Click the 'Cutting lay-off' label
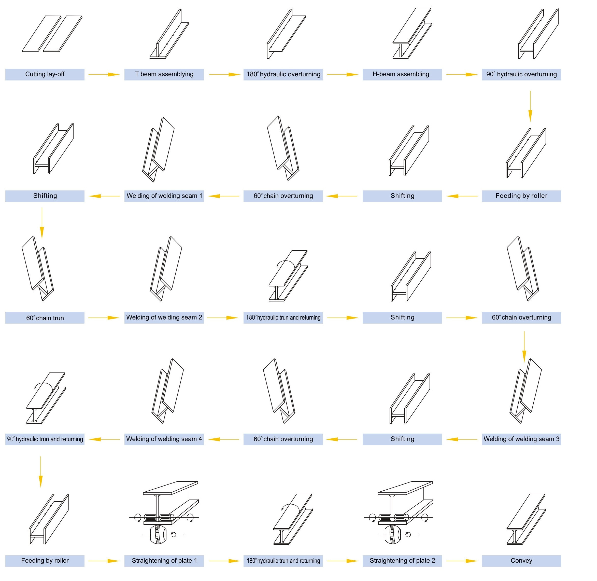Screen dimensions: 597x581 click(x=45, y=74)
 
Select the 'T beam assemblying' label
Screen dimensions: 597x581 click(x=164, y=74)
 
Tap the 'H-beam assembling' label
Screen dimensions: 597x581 click(x=401, y=74)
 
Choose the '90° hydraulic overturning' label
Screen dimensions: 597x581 click(x=521, y=74)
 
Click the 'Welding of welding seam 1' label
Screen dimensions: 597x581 click(x=164, y=196)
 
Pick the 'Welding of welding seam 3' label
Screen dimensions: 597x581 click(x=521, y=439)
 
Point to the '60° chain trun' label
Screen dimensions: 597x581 click(x=45, y=318)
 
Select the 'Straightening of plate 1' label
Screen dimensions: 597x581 click(x=164, y=561)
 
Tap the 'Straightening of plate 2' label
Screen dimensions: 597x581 click(x=402, y=561)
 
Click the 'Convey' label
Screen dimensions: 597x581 click(x=521, y=561)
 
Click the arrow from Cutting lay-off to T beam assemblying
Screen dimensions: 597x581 click(x=104, y=74)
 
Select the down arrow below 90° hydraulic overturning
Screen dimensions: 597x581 click(x=530, y=106)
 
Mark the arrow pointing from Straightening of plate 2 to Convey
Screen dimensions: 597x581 click(x=462, y=561)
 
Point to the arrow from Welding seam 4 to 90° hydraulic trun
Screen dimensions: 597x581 click(x=104, y=439)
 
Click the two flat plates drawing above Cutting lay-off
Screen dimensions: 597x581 click(x=52, y=34)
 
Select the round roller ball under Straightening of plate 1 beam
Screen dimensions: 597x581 click(x=158, y=535)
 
